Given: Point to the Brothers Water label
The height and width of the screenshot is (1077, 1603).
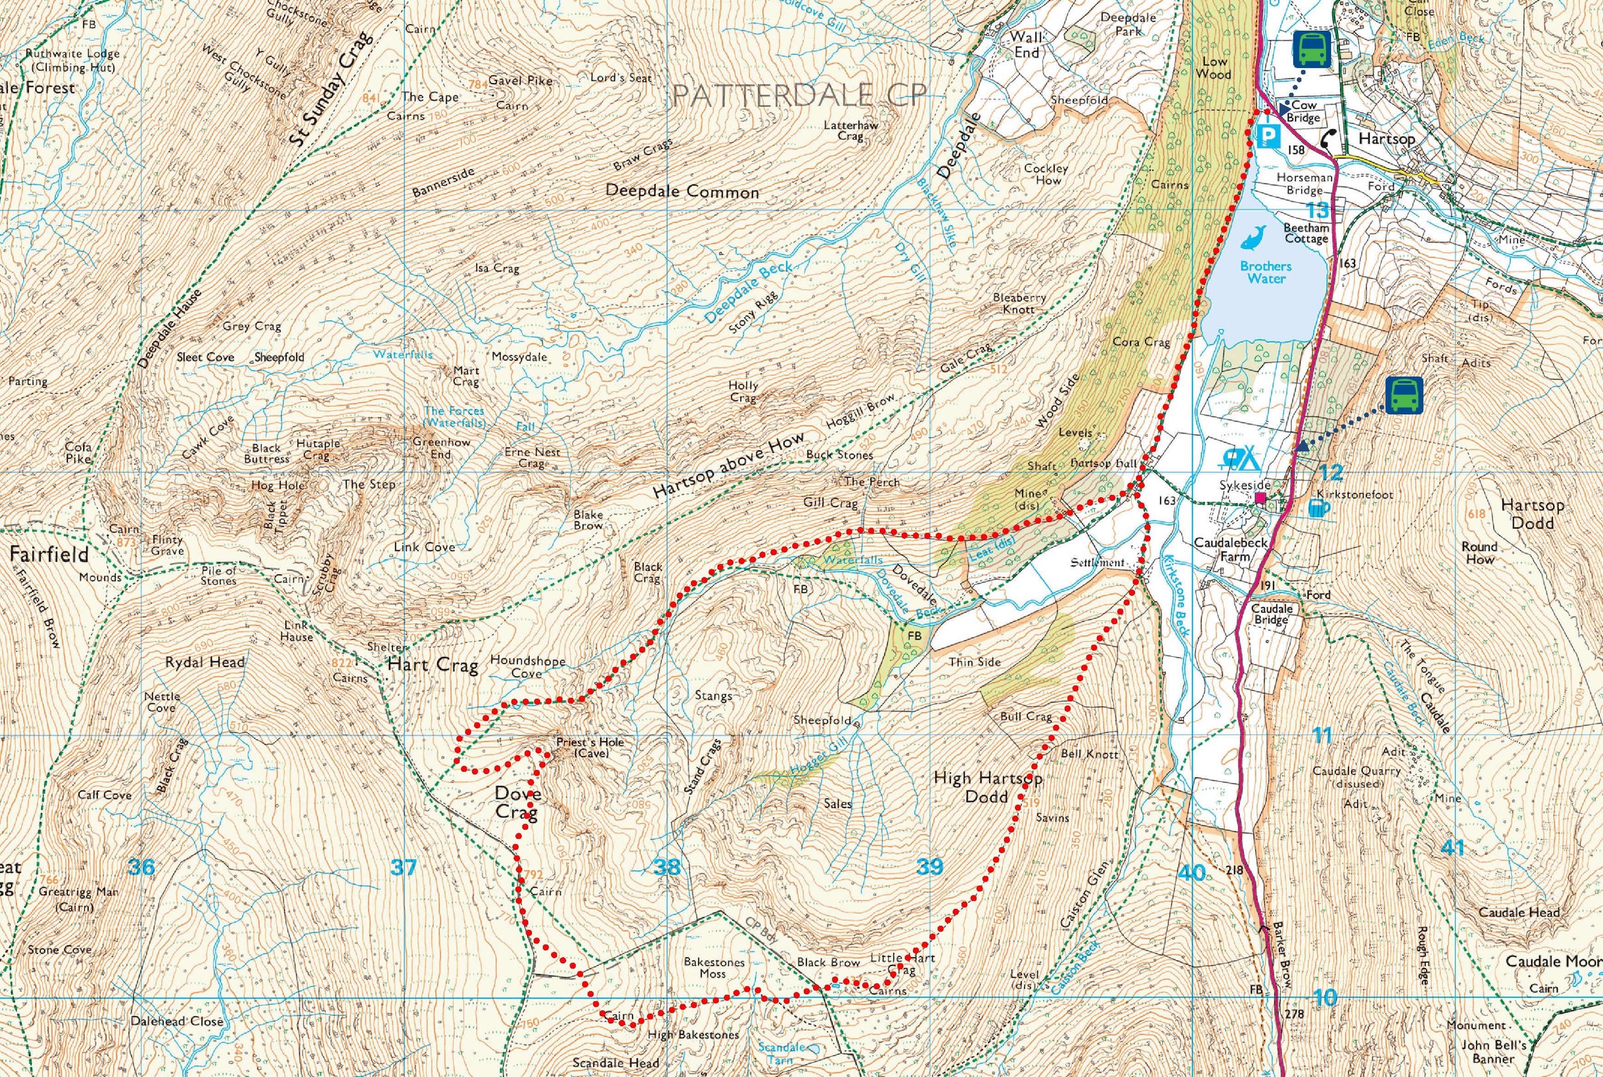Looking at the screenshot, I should (1266, 272).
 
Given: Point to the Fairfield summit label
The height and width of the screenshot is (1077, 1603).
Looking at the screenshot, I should (49, 554).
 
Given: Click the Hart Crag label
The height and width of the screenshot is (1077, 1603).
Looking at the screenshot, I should (433, 665).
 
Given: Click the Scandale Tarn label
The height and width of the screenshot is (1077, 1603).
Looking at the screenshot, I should (781, 1053).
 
